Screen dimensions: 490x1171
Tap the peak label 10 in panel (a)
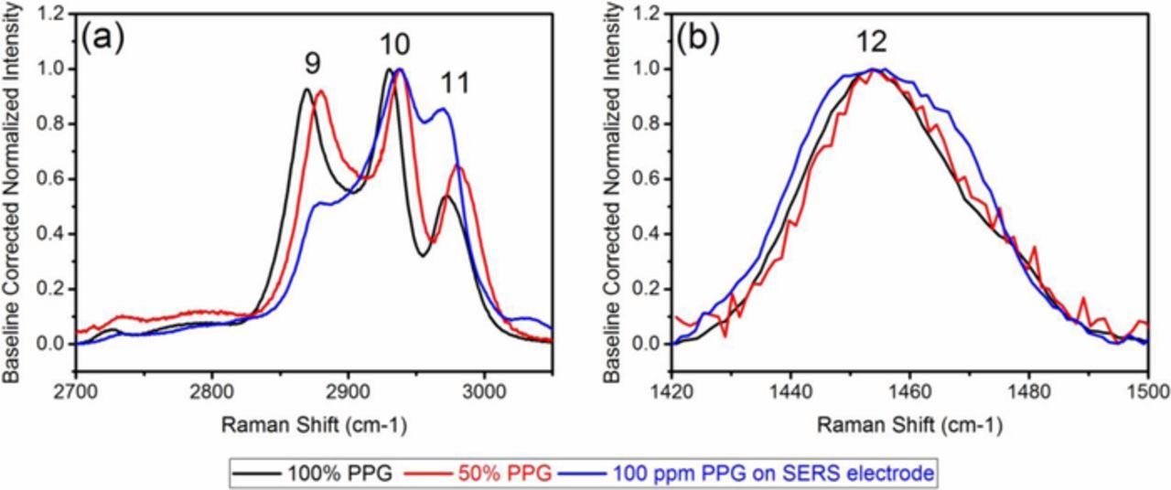(395, 45)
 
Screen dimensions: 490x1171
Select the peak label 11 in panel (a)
(454, 83)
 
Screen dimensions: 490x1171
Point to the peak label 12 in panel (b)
(872, 43)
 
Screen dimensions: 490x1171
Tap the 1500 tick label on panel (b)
(1146, 387)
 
